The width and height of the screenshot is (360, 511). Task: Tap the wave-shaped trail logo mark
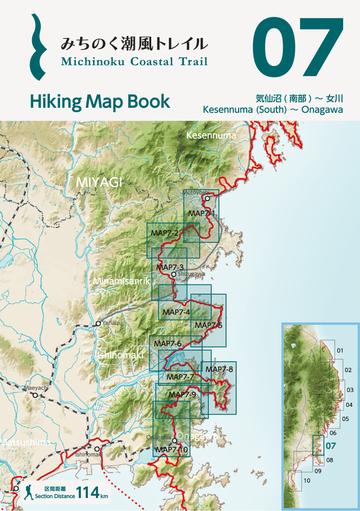click(x=38, y=47)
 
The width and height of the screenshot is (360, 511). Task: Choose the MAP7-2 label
click(x=164, y=234)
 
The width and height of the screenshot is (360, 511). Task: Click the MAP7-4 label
click(x=175, y=313)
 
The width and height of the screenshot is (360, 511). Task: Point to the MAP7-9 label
click(x=182, y=395)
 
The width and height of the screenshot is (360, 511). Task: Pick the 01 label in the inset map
click(x=340, y=350)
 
